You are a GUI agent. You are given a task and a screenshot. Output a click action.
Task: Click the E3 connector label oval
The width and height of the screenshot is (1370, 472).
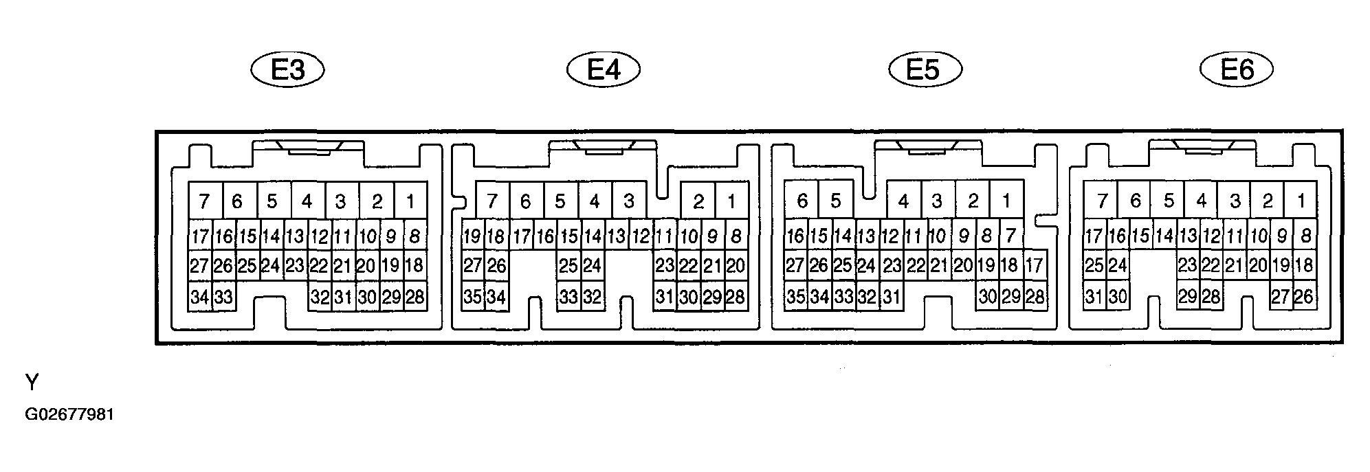click(287, 69)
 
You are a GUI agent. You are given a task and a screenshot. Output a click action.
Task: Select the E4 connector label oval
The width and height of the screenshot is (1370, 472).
click(604, 69)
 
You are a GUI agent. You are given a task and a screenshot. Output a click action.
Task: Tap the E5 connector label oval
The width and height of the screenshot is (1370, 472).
click(925, 69)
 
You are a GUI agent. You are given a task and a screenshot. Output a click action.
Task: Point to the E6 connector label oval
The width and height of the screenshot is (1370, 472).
click(1236, 69)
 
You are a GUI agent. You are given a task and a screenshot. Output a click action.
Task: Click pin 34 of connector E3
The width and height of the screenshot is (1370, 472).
click(199, 297)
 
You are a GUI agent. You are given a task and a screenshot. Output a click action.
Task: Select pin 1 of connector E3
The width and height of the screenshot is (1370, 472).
click(410, 201)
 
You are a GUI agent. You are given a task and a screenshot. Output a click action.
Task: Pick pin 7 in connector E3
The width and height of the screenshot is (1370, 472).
click(204, 201)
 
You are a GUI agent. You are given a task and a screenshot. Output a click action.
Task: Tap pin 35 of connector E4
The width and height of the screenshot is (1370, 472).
click(473, 297)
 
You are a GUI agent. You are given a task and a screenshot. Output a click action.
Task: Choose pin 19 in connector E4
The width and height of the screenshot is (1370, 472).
click(473, 236)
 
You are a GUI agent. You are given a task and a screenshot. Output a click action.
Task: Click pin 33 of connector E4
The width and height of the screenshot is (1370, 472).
click(568, 297)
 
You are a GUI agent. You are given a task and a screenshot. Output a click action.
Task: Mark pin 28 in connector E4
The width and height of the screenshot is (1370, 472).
click(736, 297)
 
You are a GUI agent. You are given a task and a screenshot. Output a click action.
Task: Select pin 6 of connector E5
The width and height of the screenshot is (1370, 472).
click(802, 201)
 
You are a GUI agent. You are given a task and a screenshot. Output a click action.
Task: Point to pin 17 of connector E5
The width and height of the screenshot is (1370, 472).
click(1035, 266)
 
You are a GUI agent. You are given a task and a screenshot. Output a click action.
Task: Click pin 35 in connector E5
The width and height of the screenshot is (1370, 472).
click(796, 297)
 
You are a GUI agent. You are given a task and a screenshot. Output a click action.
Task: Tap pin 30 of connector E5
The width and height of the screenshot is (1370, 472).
click(987, 297)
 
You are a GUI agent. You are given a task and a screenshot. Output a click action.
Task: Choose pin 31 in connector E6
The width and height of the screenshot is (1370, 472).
click(1094, 297)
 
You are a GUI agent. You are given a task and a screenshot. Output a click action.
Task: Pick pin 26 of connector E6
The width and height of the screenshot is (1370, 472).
click(1304, 297)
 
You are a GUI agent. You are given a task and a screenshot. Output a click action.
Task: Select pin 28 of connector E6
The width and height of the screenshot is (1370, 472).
click(1211, 297)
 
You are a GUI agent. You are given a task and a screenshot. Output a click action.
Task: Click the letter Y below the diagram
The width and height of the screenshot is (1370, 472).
click(32, 382)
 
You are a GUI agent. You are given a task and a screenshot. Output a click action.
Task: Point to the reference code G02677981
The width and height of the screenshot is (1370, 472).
click(69, 416)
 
